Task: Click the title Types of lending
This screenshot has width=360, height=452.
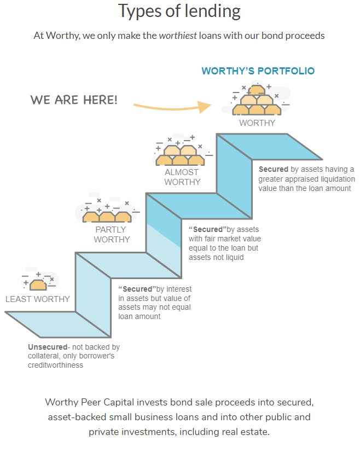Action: (x=179, y=11)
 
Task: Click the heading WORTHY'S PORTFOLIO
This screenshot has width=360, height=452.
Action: (x=258, y=71)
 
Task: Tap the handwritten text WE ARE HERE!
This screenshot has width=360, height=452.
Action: (x=73, y=100)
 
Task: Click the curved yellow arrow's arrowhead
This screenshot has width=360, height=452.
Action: (x=206, y=106)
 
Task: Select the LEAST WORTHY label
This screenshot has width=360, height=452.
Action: (x=38, y=299)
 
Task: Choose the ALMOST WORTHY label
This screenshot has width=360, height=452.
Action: (x=182, y=177)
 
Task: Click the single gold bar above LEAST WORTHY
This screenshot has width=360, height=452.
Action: (x=38, y=284)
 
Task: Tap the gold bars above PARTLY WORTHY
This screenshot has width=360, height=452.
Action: (x=107, y=216)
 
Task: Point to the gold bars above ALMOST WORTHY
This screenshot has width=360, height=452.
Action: (x=180, y=155)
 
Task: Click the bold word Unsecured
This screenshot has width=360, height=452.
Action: (x=47, y=347)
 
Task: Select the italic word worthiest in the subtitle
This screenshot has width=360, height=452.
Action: (x=177, y=36)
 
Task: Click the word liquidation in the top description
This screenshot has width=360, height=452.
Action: (x=334, y=179)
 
